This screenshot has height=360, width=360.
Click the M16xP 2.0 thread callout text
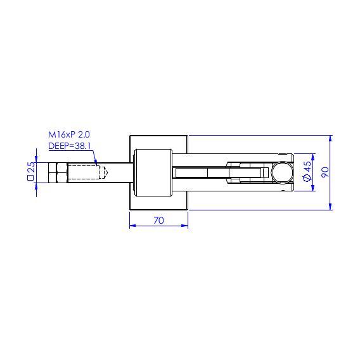point(69,134)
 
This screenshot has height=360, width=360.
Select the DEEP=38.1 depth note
point(70,146)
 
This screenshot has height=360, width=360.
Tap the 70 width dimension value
point(158,221)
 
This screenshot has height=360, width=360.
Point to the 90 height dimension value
point(325,172)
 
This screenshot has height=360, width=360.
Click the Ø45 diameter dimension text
point(307,171)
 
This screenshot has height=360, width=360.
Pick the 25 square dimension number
point(31,167)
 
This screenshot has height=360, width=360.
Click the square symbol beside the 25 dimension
point(30,177)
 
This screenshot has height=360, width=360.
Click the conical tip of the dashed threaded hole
point(106,172)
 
